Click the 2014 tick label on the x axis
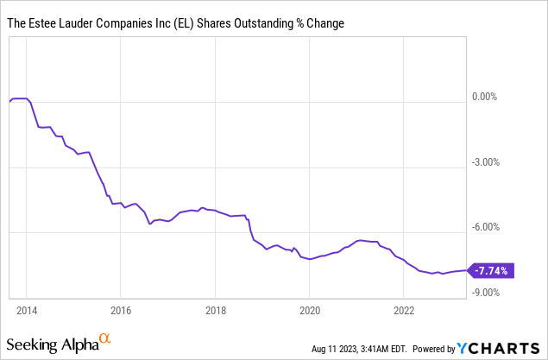pos(26,310)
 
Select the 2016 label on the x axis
pos(121,310)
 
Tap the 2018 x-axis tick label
pos(216,310)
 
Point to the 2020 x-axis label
pos(310,310)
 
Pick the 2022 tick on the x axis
pos(404,310)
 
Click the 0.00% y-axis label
pos(486,97)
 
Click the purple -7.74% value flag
pos(491,270)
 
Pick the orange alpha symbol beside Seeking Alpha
pos(104,338)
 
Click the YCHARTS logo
pos(500,348)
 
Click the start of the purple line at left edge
pos(9,102)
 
